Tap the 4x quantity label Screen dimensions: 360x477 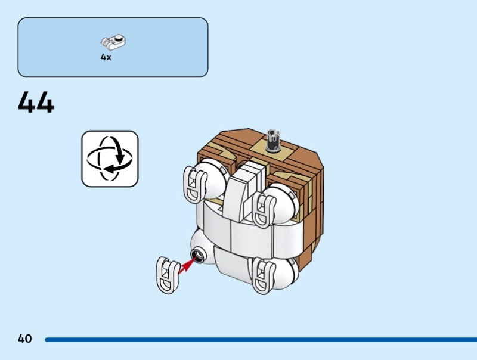[106, 58]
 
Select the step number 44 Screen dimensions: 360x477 [36, 103]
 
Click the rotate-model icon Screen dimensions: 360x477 [110, 159]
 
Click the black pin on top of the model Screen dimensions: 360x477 [275, 138]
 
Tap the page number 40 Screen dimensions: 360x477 [24, 339]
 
